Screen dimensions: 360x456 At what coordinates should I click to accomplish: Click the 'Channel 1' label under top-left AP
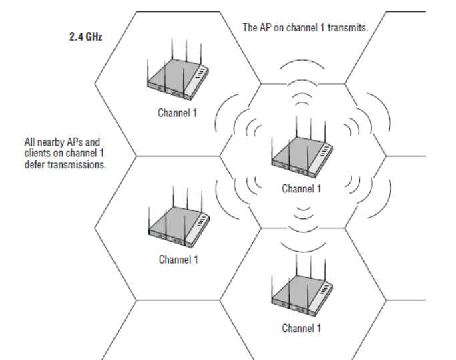(177, 112)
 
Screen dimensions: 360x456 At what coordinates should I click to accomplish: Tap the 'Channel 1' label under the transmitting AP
(302, 189)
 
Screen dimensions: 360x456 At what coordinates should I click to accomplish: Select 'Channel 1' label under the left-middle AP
(178, 259)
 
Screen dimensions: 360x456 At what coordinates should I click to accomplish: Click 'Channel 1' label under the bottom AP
(302, 328)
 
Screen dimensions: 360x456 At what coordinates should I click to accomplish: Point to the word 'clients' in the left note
(37, 154)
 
